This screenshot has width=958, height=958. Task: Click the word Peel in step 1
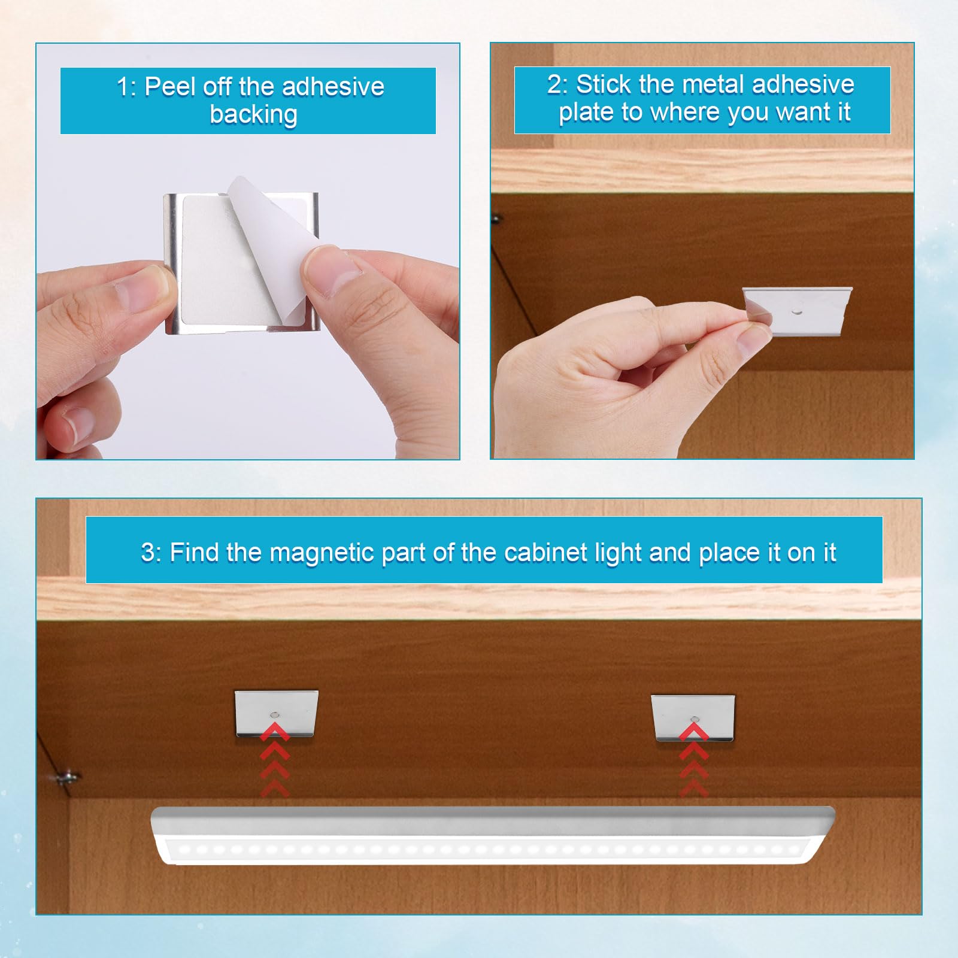point(169,87)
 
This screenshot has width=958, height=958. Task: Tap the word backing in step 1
point(253,114)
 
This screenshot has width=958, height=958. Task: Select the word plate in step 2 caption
point(586,112)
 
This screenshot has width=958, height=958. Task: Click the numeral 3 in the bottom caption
point(148,552)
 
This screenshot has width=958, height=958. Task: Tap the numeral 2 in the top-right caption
point(554,84)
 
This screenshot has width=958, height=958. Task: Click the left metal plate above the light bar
point(276,713)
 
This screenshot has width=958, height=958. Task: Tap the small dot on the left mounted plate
point(275,714)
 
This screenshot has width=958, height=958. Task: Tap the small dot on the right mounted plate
point(694,717)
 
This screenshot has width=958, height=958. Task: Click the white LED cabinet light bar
point(491,835)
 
